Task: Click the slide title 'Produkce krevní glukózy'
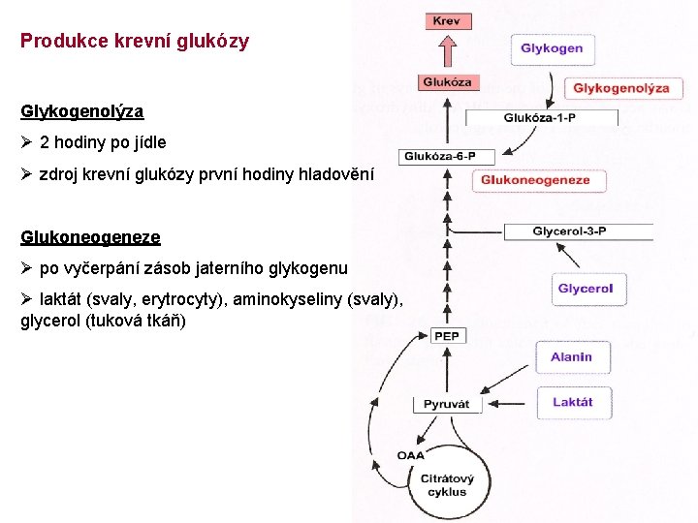coord(135,41)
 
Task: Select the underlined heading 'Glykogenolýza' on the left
coord(82,111)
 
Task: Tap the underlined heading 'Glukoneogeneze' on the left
coord(90,236)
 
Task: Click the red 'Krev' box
coord(447,21)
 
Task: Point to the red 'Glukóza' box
coord(447,83)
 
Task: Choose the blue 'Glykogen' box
coord(552,48)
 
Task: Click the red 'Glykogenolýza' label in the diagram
coord(621,88)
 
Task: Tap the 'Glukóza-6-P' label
coord(447,156)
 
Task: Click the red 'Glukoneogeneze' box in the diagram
coord(535,180)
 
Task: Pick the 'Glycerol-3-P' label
coord(569,231)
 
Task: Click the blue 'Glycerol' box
coord(586,289)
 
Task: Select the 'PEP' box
coord(447,336)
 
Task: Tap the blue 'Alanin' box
coord(571,357)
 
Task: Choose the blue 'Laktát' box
coord(572,402)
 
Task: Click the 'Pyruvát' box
coord(447,404)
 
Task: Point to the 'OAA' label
coord(410,456)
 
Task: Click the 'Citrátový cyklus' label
coord(447,485)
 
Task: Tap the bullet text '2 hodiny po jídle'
coord(103,142)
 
